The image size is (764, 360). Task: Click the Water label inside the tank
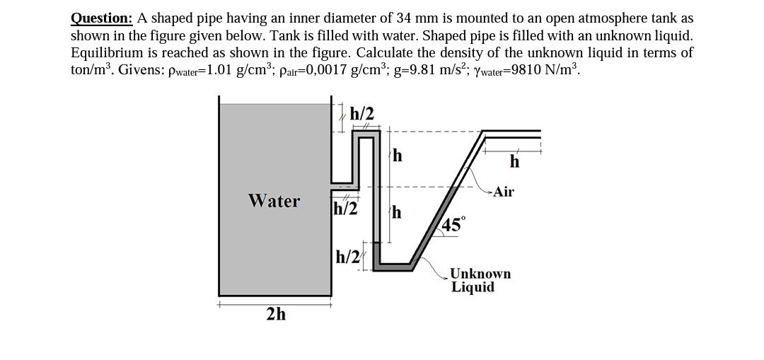coord(274,202)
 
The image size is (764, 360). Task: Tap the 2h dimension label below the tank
coord(277,314)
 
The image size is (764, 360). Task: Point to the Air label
coord(503,192)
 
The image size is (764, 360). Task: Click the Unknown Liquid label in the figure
coord(480,280)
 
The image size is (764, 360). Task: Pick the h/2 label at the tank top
coord(362,113)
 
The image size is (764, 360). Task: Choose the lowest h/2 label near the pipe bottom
coord(348,256)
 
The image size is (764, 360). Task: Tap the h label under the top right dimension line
coord(514,162)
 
